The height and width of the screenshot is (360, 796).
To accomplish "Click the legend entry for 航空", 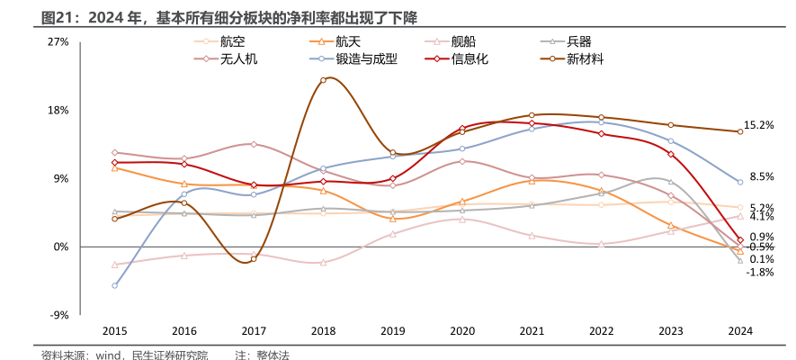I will pos(232,41).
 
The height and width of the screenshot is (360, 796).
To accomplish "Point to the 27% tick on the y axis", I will pos(58,42).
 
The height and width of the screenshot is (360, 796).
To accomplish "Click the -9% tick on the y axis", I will pos(58,315).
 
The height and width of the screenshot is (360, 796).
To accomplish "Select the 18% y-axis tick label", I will pos(58,111).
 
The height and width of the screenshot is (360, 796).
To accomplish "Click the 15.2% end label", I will pos(759,126).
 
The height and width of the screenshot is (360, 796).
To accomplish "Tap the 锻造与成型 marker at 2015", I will pos(114,286).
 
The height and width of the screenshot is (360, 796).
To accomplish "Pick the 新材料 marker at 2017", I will pos(254,259).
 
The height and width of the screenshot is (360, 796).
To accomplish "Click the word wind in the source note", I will pos(109,355).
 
